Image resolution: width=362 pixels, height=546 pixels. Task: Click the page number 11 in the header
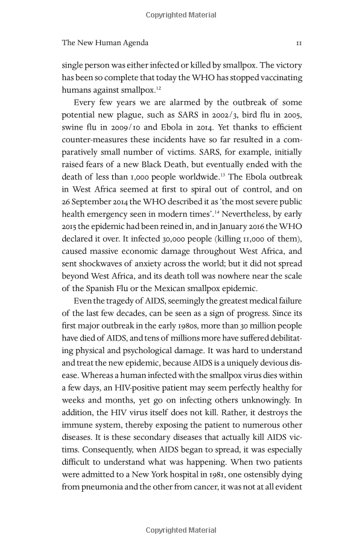click(x=299, y=43)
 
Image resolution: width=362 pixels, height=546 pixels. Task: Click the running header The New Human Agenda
click(x=105, y=43)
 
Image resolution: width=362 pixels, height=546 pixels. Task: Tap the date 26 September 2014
click(x=99, y=201)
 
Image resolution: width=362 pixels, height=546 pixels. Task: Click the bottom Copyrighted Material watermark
click(x=181, y=530)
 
